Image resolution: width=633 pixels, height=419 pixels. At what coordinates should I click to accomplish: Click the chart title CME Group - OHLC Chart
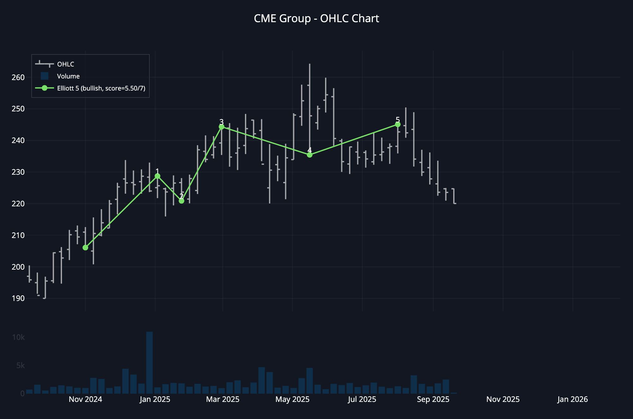point(316,19)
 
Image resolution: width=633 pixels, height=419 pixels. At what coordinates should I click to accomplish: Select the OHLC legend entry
point(66,64)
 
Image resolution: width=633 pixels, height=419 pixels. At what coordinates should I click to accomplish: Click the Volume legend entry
point(68,76)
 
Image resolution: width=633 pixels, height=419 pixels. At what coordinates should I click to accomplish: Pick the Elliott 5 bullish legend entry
point(101,88)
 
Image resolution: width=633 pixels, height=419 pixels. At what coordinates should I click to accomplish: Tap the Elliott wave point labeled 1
point(157,176)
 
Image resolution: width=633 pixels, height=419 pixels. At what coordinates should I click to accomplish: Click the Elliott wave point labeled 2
point(181,201)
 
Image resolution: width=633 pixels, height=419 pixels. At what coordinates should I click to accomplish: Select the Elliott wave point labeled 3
point(222,127)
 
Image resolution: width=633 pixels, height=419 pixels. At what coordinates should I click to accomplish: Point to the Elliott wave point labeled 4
point(310,155)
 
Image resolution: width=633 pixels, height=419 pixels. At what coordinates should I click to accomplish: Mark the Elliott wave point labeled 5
point(398,125)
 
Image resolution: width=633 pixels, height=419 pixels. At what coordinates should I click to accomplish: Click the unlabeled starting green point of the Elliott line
point(85,247)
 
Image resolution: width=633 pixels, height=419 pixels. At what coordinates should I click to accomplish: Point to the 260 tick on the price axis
point(18,78)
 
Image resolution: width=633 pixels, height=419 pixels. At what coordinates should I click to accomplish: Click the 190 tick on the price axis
point(18,298)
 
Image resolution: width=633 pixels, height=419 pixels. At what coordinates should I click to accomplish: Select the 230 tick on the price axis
point(18,172)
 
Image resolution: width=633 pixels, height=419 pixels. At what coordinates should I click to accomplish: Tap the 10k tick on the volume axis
point(18,337)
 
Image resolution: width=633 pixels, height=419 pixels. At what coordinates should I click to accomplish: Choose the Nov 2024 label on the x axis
point(85,399)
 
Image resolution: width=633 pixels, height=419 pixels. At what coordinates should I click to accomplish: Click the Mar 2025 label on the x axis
point(223,399)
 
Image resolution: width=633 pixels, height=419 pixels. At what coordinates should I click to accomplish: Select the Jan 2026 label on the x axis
point(573,399)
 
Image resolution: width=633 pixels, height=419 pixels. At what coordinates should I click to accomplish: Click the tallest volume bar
point(149,363)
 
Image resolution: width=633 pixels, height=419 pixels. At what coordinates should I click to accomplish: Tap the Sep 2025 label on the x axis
point(433,399)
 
